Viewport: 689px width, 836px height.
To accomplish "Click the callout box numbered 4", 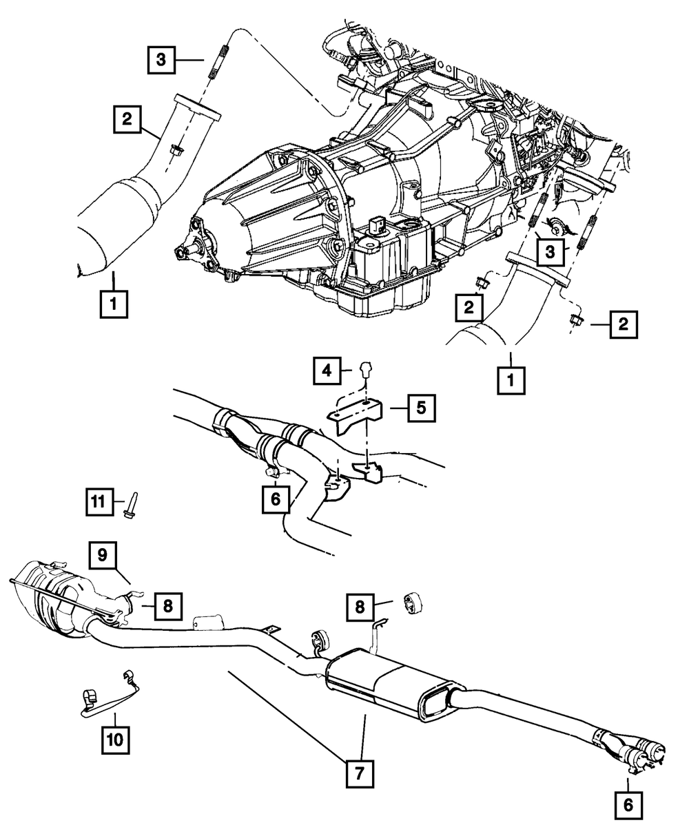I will pyautogui.click(x=326, y=370).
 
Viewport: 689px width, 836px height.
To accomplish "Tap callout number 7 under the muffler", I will pyautogui.click(x=359, y=773).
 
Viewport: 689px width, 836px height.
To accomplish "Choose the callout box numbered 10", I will pyautogui.click(x=113, y=740).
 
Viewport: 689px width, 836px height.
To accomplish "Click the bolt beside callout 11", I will pyautogui.click(x=130, y=503).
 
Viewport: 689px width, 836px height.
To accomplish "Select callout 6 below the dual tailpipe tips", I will pyautogui.click(x=628, y=803).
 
